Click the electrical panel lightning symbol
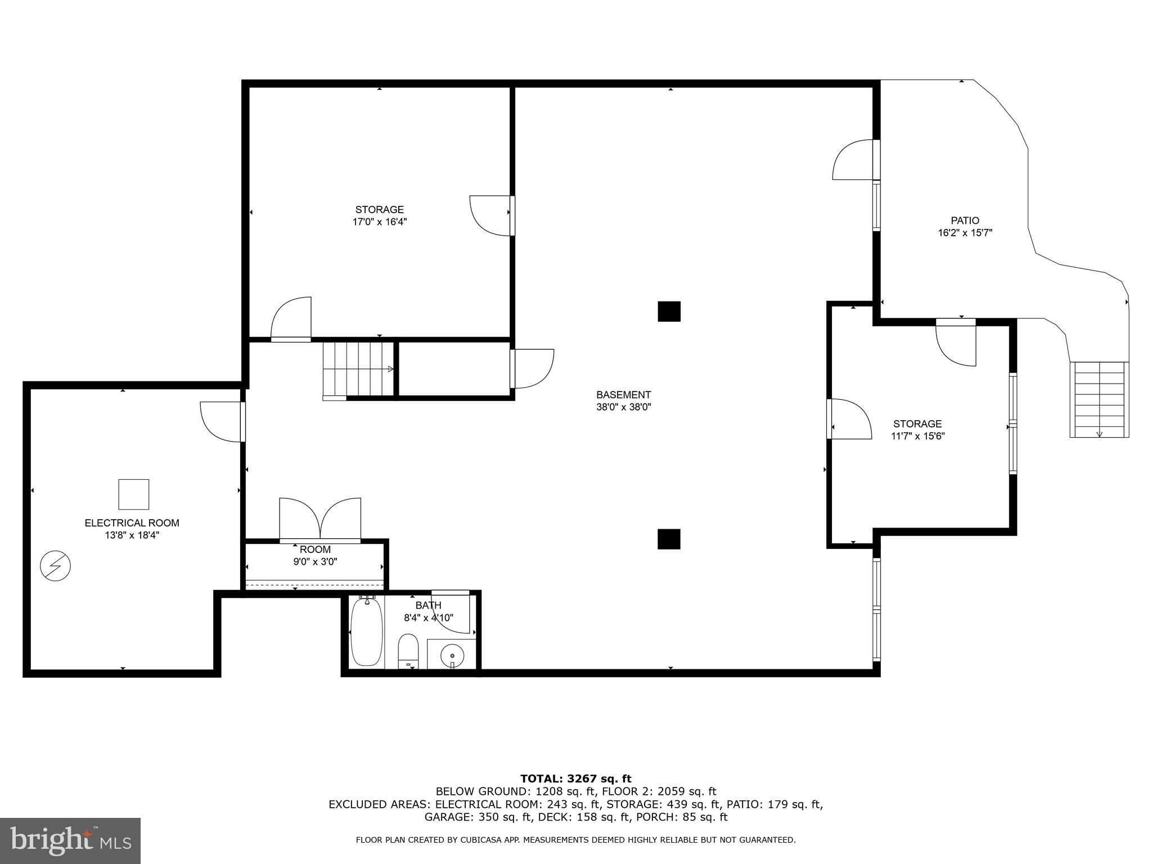tap(55, 566)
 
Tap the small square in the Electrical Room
tap(133, 494)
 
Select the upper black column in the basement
tap(669, 311)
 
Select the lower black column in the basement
tap(669, 539)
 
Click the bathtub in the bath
tap(367, 633)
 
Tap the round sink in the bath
tap(452, 655)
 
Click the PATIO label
tap(965, 220)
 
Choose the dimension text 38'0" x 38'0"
tap(623, 407)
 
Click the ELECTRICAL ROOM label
tap(132, 523)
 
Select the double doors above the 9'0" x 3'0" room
tap(320, 520)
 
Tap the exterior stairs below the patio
tap(1099, 399)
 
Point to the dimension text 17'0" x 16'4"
tap(379, 222)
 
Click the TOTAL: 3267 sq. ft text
tap(575, 778)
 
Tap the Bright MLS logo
tap(70, 841)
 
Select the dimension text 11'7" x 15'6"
tap(917, 436)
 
